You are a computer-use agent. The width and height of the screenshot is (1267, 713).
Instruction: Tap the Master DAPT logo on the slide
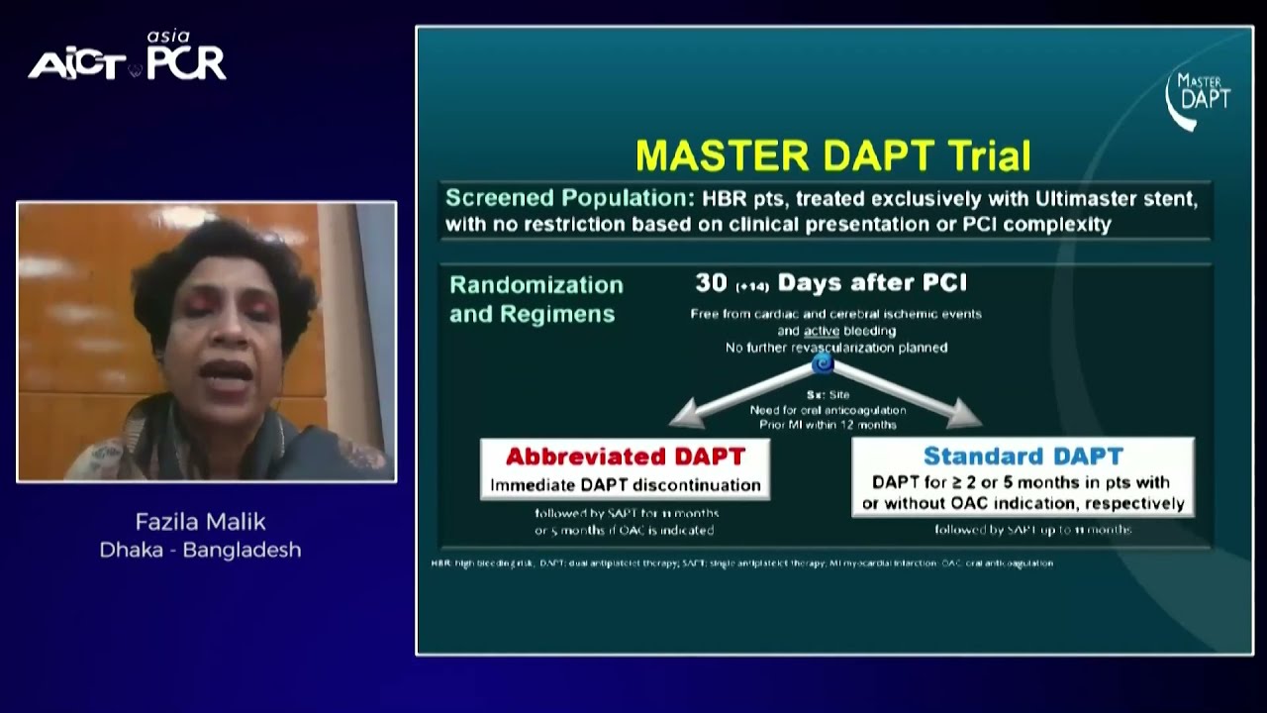click(1198, 97)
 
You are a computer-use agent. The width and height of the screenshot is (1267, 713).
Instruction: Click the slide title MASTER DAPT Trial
click(832, 156)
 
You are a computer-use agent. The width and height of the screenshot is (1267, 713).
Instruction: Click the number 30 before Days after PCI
click(711, 283)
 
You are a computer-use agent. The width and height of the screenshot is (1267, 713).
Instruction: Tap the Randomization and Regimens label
click(536, 299)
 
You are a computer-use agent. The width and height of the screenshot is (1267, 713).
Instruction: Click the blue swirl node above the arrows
click(823, 365)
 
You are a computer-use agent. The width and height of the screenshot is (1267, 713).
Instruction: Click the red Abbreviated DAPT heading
click(625, 457)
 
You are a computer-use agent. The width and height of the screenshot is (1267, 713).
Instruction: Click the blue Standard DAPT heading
click(1023, 457)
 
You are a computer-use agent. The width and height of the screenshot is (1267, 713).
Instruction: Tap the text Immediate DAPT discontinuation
click(625, 485)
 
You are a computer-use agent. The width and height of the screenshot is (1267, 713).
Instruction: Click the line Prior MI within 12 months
click(828, 425)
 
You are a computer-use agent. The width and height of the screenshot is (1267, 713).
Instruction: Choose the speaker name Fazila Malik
click(200, 522)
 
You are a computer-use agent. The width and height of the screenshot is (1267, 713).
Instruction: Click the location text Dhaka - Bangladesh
click(200, 550)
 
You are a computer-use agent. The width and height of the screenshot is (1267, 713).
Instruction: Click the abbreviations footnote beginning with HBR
click(742, 562)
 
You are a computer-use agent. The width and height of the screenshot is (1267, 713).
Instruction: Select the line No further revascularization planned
click(835, 348)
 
